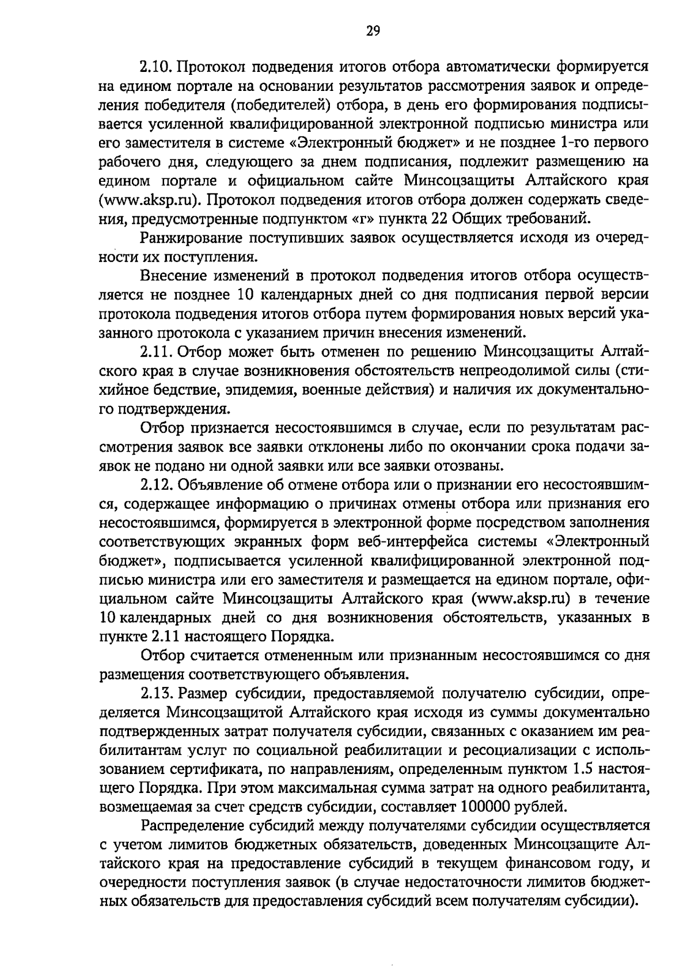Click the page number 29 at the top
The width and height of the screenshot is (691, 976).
(x=373, y=31)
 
